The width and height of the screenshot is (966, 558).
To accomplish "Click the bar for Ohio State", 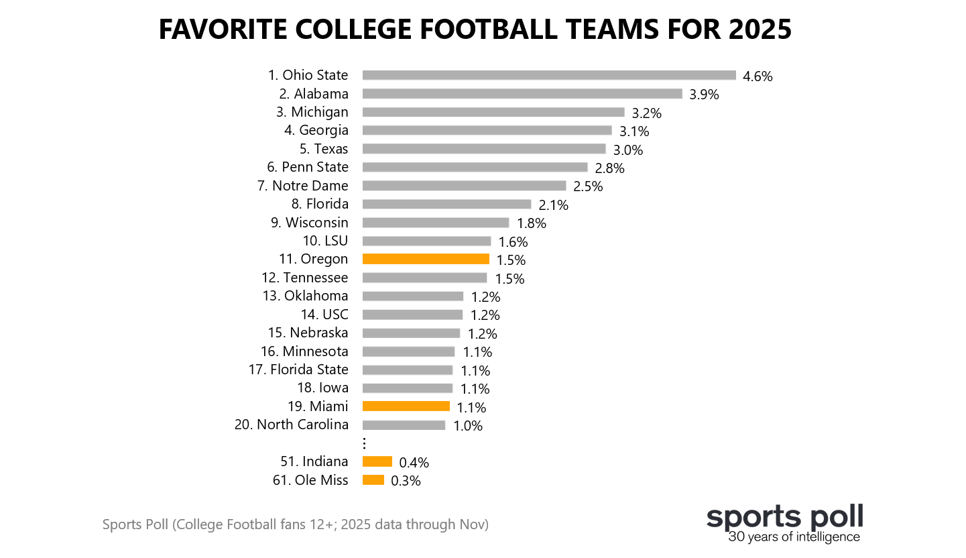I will tap(548, 75).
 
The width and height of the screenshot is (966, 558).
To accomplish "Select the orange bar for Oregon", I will tap(426, 259).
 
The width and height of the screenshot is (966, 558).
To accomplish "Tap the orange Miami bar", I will tap(406, 406).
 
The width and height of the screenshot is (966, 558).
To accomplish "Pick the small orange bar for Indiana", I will tap(377, 461).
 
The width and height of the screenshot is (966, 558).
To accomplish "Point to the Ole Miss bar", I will tap(373, 480).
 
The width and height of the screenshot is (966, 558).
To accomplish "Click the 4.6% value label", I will tap(758, 76).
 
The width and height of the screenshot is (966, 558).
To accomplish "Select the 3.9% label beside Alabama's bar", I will tap(704, 95).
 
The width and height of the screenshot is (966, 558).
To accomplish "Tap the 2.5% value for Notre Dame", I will tap(588, 186).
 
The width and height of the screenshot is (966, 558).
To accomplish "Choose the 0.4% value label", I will tap(414, 462).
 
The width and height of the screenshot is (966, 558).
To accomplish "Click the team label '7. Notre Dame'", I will tap(303, 186).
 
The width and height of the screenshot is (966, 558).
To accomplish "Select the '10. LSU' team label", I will tap(326, 241).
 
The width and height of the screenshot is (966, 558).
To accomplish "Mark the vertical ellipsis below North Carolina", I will tap(364, 443).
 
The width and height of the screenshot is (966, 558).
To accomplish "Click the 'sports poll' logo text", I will tap(784, 517).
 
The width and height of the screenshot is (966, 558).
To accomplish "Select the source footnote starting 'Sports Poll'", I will tap(296, 524).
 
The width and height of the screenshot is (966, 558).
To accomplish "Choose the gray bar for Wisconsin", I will tap(436, 222).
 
